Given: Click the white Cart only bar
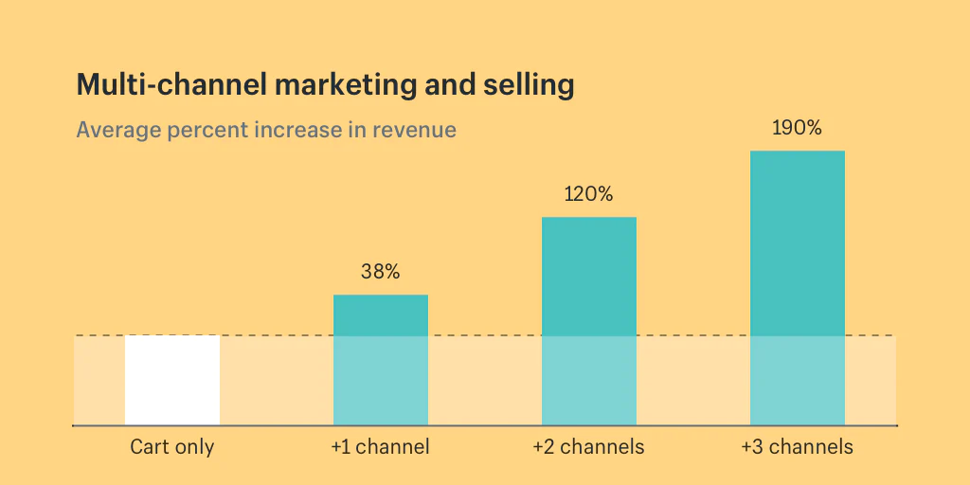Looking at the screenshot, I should click(172, 380).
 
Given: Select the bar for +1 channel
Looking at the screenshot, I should click(381, 360).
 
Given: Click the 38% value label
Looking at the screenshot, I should click(381, 272).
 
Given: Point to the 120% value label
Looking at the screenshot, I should click(589, 195).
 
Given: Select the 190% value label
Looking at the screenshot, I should click(798, 128).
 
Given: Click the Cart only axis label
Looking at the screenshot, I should click(172, 447).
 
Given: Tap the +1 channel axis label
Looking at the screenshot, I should click(381, 447).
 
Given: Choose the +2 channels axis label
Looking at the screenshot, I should click(589, 447).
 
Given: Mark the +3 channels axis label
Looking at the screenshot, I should click(798, 447).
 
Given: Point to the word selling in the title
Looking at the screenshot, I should click(529, 86).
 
